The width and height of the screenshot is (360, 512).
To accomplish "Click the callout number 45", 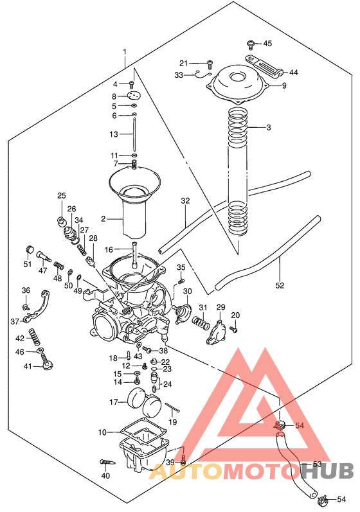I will click(267, 44).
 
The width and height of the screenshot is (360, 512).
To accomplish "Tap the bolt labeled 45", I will click(251, 44).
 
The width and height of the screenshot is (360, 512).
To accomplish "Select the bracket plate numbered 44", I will click(261, 67).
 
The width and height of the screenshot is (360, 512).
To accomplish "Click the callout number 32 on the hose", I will click(186, 201).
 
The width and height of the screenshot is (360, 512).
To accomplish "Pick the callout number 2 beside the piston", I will click(103, 219).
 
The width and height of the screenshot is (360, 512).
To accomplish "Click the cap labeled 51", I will click(28, 250).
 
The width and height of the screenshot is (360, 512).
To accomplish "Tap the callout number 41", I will click(28, 366).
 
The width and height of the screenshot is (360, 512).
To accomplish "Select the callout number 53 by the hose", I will click(317, 464).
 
